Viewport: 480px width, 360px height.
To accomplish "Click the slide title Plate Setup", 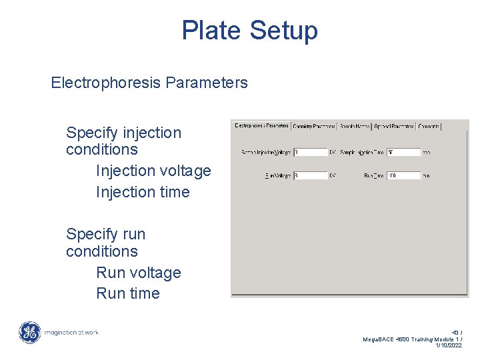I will click(249, 31).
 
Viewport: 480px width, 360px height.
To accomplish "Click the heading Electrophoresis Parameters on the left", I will click(149, 83).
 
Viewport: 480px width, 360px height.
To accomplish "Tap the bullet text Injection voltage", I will click(153, 171).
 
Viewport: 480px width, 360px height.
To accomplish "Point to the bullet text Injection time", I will click(143, 193).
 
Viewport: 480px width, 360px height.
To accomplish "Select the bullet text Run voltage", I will click(139, 273).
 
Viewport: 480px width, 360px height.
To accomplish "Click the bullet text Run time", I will click(128, 294).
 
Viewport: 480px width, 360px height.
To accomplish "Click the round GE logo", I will click(29, 332).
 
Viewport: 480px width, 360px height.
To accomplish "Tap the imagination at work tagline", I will click(71, 332).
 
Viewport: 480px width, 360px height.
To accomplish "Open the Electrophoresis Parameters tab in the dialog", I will click(262, 125).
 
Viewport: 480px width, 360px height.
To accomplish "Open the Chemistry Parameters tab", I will click(314, 125).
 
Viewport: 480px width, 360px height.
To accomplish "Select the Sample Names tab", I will click(354, 125).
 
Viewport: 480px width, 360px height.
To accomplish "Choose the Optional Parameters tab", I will click(394, 125).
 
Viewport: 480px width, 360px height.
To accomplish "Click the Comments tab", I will click(429, 125).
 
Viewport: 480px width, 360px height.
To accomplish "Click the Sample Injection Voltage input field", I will click(310, 153).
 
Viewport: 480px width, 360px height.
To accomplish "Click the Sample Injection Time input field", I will click(403, 153).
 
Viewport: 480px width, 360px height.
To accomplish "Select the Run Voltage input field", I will click(310, 176).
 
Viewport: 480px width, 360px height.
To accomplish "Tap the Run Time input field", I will click(403, 176).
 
